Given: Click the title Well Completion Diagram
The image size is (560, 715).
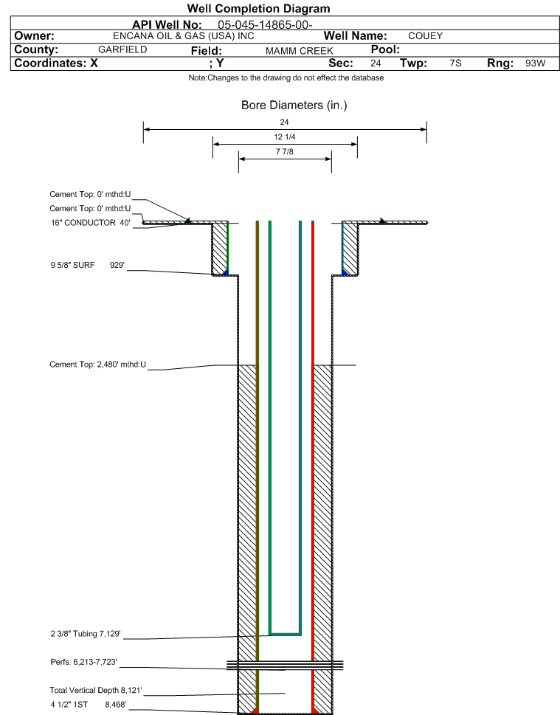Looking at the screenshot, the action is click(258, 9).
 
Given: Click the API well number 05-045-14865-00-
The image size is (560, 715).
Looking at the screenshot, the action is click(265, 24).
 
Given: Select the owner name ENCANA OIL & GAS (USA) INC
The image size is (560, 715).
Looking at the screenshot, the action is click(183, 36).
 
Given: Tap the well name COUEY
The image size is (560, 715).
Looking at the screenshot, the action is click(426, 36).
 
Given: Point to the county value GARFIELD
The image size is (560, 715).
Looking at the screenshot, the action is click(122, 49).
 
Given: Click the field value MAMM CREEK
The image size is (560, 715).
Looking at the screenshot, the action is click(299, 51).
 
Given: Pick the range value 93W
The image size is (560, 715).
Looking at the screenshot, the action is click(536, 63).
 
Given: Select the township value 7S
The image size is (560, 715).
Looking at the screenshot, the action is click(455, 63).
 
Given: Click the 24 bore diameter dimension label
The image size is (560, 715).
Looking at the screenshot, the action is click(284, 122).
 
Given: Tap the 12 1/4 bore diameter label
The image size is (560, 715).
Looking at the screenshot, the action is click(285, 137).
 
